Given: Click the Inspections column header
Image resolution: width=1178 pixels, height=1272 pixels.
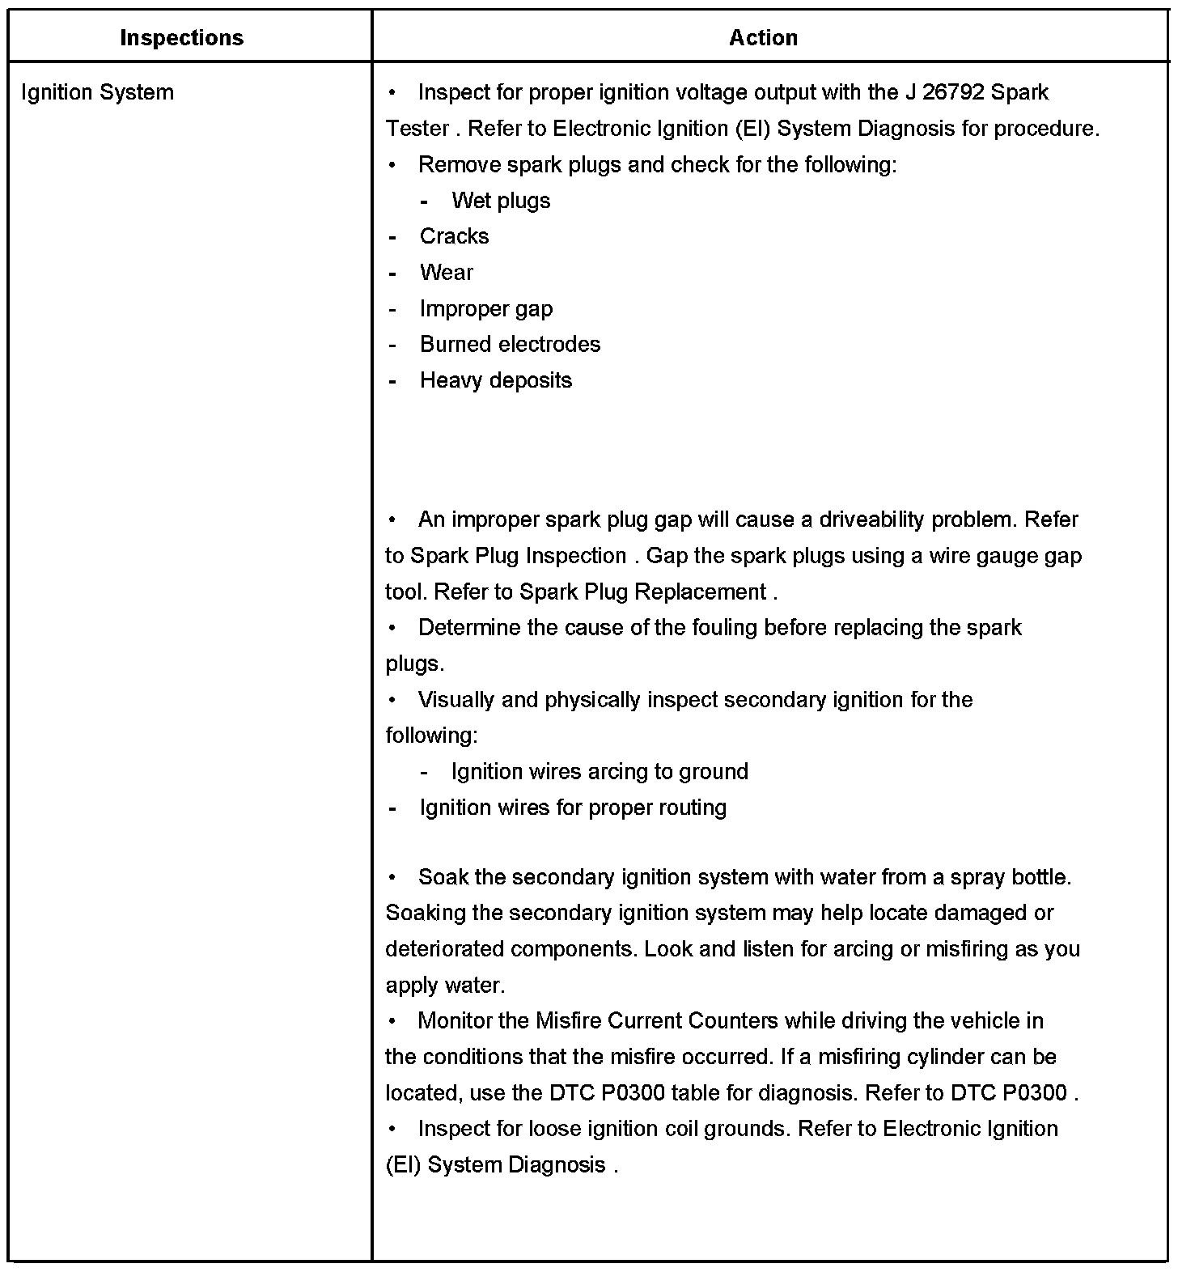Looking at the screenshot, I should click(x=181, y=38).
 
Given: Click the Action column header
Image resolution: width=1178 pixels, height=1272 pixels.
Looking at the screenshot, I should click(x=763, y=38).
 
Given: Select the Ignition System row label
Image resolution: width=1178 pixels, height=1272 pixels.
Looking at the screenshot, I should click(x=97, y=92).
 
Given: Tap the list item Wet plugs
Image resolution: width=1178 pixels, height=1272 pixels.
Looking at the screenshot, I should click(x=501, y=201).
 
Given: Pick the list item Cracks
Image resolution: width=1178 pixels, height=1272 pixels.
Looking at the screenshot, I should click(x=454, y=236).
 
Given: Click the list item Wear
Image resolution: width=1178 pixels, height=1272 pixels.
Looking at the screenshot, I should click(x=446, y=273).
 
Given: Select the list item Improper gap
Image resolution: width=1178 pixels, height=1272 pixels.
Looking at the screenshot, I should click(x=485, y=309).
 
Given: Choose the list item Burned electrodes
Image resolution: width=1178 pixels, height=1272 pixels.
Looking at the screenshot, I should click(x=510, y=345).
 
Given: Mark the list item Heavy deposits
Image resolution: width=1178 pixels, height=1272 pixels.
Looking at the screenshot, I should click(x=495, y=381).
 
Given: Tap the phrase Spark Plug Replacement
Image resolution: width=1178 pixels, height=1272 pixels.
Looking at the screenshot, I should click(x=642, y=592).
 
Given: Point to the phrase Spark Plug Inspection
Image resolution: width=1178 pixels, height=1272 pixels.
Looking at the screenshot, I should click(x=518, y=556).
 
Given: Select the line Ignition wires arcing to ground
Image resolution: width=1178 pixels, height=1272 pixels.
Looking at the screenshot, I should click(x=600, y=772).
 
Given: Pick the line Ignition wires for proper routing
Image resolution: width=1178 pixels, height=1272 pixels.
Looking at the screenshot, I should click(x=573, y=808).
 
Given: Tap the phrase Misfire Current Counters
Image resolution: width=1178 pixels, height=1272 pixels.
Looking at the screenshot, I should click(x=657, y=1021).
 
